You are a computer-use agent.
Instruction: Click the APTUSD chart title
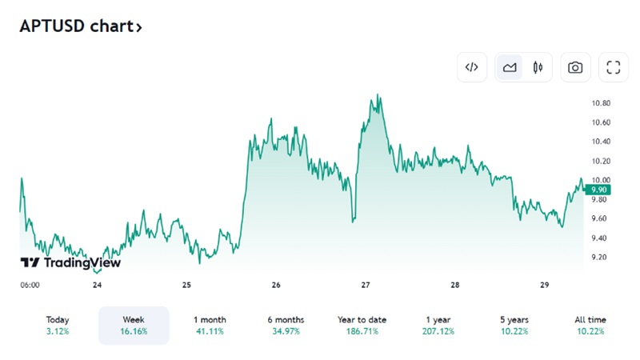[81, 26]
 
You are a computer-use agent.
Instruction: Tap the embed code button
[472, 67]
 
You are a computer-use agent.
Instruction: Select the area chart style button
[510, 67]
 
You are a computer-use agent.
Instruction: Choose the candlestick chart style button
[538, 67]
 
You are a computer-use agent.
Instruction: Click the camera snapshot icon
[575, 67]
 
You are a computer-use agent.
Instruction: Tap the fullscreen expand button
[614, 67]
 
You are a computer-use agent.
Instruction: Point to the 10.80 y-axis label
[602, 103]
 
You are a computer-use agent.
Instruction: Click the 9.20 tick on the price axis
[598, 257]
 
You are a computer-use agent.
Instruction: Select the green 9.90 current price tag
[598, 190]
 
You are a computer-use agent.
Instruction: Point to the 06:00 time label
[30, 285]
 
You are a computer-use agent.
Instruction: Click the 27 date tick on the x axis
[366, 285]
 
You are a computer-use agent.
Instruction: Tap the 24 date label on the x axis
[97, 285]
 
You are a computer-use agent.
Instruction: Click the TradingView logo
[70, 262]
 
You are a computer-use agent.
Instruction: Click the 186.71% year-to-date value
[362, 331]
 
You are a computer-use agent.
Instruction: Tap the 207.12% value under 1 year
[438, 331]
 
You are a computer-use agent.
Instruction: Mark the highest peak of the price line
[378, 94]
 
